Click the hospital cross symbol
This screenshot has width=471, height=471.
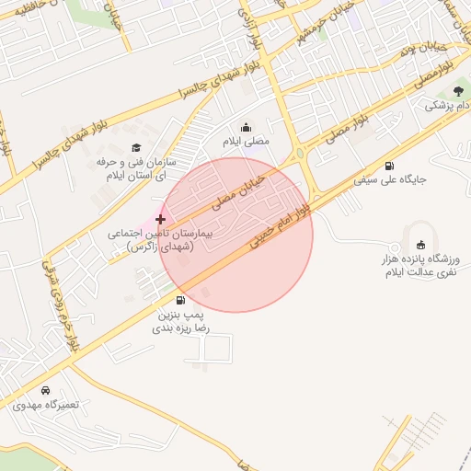(161, 219)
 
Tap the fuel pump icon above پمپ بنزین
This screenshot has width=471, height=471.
(179, 300)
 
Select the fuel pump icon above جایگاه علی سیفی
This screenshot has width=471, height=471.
(390, 165)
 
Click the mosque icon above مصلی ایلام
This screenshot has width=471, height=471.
(246, 128)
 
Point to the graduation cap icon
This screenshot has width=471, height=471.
(136, 147)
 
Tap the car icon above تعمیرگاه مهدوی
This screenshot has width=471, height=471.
(45, 390)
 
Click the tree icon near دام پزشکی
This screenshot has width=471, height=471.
(458, 91)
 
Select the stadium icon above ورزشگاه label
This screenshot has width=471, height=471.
(421, 245)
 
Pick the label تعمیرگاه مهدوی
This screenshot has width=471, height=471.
(45, 405)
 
